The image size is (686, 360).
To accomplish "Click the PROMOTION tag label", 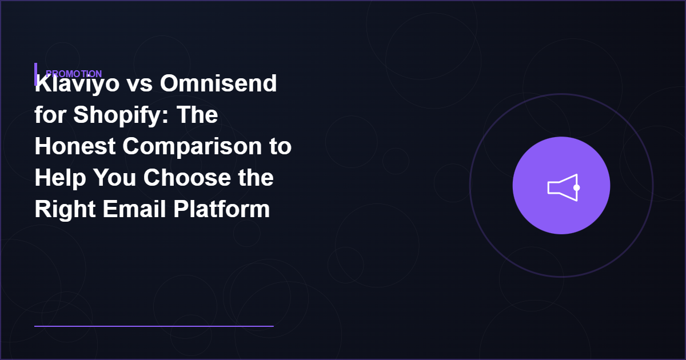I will tap(74, 74).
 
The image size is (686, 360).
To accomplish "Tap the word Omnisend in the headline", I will tap(218, 84).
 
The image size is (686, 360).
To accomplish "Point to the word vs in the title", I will tap(138, 85).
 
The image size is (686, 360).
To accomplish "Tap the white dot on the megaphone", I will tap(576, 187).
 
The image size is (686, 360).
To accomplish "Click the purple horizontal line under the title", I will tap(154, 326).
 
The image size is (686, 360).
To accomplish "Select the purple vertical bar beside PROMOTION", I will tap(35, 74).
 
